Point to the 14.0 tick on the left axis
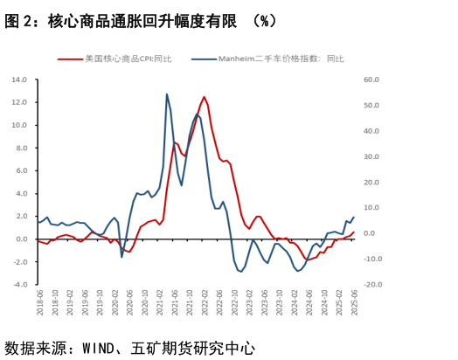coord(18,80)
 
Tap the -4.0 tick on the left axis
coord(18,284)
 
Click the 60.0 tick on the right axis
coord(371,80)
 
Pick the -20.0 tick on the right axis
coord(371,284)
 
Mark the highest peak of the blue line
coord(167,94)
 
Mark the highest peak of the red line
coord(204,97)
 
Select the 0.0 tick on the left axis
coord(19,239)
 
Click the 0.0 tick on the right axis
coord(372,233)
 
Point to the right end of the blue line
coord(353,218)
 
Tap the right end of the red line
coord(353,232)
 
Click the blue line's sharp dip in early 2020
coord(121,256)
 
